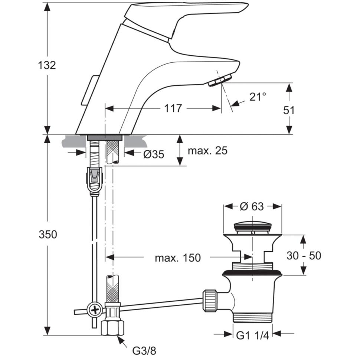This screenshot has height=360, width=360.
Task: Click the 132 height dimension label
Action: tap(47, 65)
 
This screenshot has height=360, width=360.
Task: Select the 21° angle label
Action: tap(258, 97)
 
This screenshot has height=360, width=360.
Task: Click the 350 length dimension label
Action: tap(48, 235)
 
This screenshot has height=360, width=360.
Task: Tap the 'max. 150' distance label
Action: tap(177, 257)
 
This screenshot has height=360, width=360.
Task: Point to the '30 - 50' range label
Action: tap(304, 256)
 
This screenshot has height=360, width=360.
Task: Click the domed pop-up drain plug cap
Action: tap(252, 227)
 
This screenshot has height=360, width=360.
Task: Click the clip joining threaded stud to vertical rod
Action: tap(95, 180)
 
